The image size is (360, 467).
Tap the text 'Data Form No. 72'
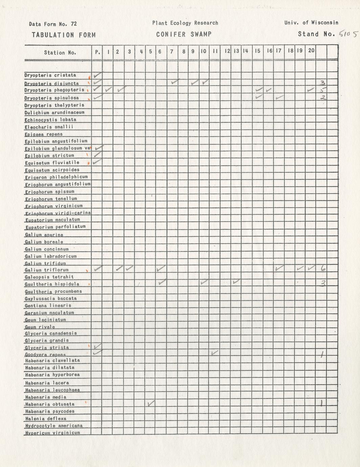pyautogui.click(x=53, y=24)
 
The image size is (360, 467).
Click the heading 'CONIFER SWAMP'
pyautogui.click(x=184, y=34)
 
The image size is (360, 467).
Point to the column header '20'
pyautogui.click(x=311, y=50)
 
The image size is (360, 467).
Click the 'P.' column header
pyautogui.click(x=97, y=52)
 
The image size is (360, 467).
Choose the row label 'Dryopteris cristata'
pyautogui.click(x=50, y=75)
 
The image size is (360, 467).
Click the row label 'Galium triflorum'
pyautogui.click(x=47, y=270)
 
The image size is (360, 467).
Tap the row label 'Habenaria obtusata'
pyautogui.click(x=50, y=404)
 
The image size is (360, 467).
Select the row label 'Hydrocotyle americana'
pyautogui.click(x=53, y=426)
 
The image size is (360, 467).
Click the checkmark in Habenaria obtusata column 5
pyautogui.click(x=151, y=403)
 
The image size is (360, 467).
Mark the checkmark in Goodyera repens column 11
pyautogui.click(x=214, y=353)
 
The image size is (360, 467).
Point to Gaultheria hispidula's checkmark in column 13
pyautogui.click(x=236, y=282)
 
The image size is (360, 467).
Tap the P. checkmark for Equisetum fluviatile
pyautogui.click(x=97, y=162)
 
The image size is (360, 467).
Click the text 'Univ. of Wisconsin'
pyautogui.click(x=311, y=23)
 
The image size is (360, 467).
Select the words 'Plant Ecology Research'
pyautogui.click(x=185, y=23)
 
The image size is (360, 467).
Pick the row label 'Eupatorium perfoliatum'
pyautogui.click(x=55, y=227)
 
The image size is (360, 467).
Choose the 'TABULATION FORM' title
pyautogui.click(x=64, y=35)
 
